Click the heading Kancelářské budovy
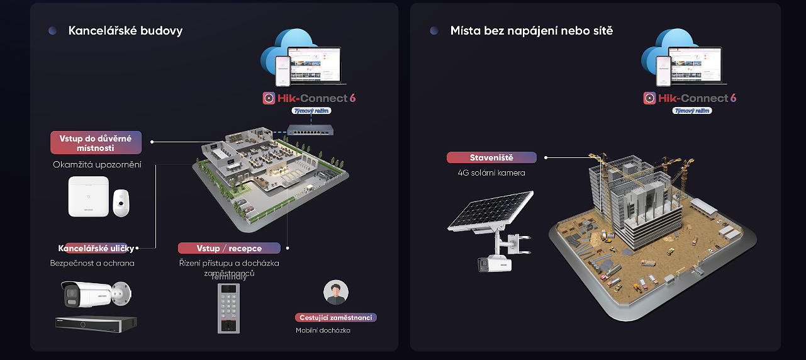[x=125, y=30]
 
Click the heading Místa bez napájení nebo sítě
[x=531, y=30]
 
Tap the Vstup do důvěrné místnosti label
[x=96, y=143]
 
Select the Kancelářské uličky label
[x=96, y=248]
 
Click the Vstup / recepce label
[x=229, y=248]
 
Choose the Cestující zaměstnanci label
[x=336, y=318]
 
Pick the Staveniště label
[x=492, y=157]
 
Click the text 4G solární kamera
[x=491, y=172]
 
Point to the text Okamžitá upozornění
[x=97, y=165]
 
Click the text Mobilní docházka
[x=323, y=330]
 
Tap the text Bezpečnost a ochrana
[x=92, y=263]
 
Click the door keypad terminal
[x=228, y=308]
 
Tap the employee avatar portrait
[x=336, y=293]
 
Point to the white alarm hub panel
[x=88, y=196]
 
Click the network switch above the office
[x=310, y=131]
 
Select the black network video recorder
[x=96, y=323]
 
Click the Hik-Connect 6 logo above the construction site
[x=690, y=98]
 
